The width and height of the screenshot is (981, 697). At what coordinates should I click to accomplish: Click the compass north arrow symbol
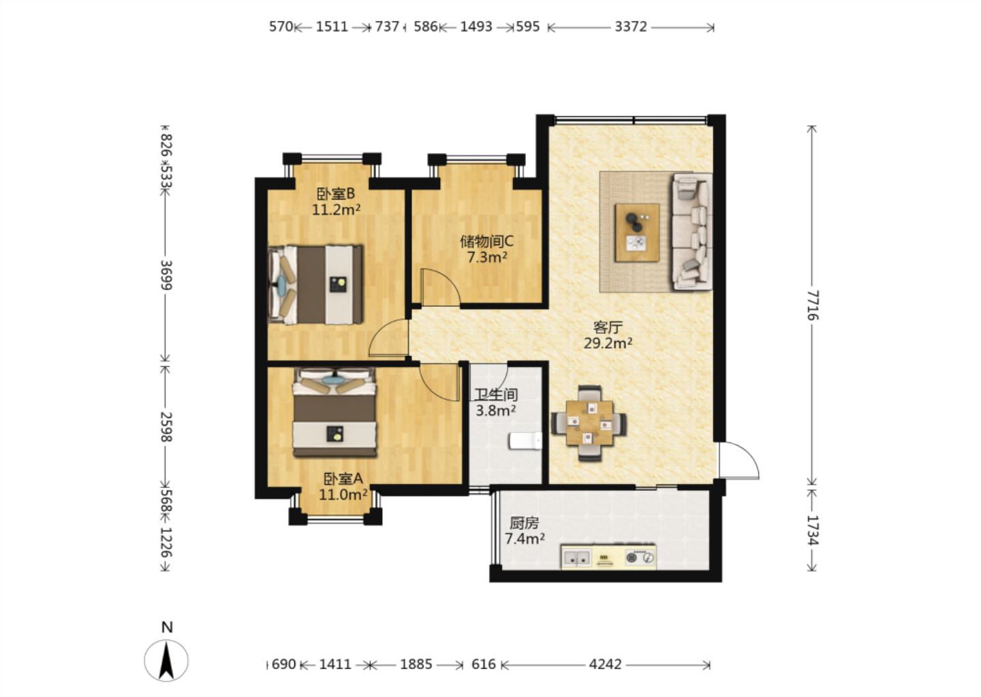coord(166,660)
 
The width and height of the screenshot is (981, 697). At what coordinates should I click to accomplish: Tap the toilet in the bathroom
coord(525,441)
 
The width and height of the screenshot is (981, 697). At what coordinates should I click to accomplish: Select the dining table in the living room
coord(589,423)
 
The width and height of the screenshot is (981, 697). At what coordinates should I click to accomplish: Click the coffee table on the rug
coord(637,233)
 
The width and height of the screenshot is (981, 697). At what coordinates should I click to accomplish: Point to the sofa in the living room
coord(691,231)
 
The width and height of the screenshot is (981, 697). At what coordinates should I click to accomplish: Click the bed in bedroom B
coord(315,285)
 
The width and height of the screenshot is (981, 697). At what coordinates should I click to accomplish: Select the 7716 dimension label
coord(812,305)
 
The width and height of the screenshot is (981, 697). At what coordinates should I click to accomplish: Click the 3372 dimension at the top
coord(631,27)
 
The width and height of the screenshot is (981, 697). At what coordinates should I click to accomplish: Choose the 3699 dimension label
coord(166,275)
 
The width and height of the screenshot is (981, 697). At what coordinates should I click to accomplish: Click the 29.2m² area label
coord(608,344)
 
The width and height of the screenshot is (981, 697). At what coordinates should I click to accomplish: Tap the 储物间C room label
coord(487,241)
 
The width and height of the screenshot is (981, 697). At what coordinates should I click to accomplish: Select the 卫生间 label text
coord(497,395)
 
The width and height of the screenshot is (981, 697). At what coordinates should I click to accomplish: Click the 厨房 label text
coord(525,523)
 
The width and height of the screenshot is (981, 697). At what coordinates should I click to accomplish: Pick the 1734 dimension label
coord(812,530)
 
